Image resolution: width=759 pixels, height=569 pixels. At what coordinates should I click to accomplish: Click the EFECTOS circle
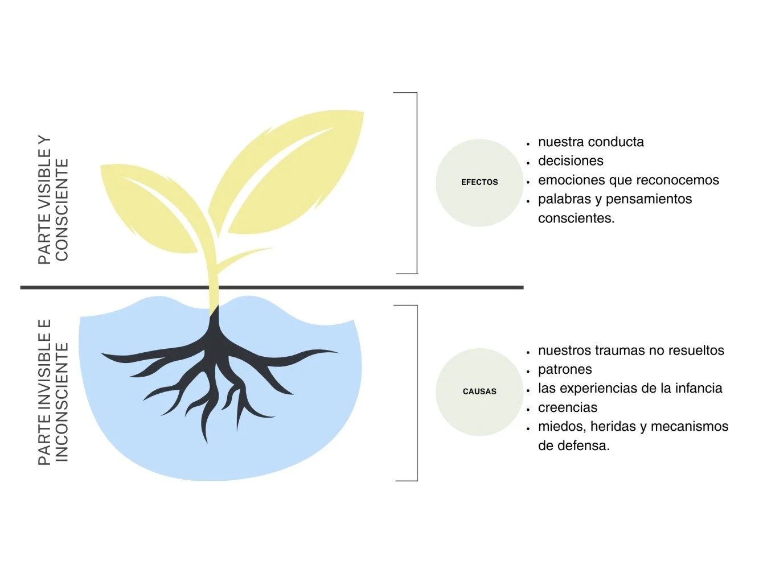479,183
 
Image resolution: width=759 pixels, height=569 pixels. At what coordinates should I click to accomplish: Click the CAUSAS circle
479,391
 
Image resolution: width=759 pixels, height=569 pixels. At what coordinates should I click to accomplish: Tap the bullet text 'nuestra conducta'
590,142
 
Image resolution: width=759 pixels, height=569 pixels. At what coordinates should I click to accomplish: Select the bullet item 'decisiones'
571,161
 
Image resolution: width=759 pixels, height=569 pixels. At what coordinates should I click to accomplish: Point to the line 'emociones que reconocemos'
628,180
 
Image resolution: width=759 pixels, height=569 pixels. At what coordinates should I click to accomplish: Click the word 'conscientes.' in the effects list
576,218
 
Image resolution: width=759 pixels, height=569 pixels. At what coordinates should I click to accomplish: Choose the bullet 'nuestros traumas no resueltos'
631,351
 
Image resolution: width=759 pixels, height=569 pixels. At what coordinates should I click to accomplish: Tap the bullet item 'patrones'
565,369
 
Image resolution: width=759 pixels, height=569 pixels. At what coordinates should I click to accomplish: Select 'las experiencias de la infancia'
630,388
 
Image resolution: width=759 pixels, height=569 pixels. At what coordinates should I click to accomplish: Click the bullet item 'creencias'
568,407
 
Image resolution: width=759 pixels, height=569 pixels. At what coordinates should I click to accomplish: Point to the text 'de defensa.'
574,446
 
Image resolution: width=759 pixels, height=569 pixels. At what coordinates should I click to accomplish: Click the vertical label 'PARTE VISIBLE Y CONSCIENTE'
53,199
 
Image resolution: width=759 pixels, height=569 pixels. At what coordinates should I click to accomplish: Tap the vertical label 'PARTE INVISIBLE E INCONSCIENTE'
53,391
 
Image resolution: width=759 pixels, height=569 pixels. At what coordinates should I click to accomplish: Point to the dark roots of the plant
216,364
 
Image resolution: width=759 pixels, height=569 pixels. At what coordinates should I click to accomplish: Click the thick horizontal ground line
342,287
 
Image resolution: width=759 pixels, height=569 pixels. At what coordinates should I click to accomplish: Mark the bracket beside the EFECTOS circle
416,183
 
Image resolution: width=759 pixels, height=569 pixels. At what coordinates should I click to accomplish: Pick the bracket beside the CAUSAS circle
416,393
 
